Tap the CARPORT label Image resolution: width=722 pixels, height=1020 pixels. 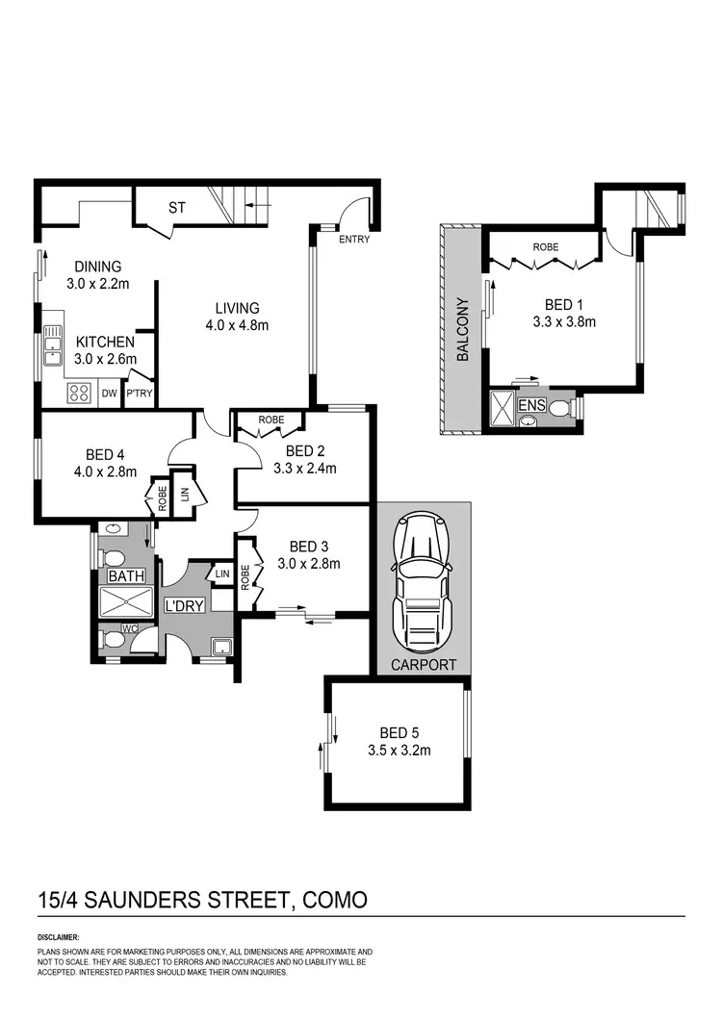pyautogui.click(x=423, y=665)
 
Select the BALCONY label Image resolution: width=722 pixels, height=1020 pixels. pyautogui.click(x=462, y=329)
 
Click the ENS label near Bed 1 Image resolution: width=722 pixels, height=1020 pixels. pyautogui.click(x=531, y=406)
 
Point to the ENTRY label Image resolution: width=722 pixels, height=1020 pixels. pyautogui.click(x=354, y=240)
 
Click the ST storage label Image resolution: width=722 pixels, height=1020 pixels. pyautogui.click(x=177, y=207)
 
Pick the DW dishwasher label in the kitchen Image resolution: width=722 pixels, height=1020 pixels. pyautogui.click(x=109, y=393)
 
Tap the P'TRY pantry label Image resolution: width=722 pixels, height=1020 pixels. pyautogui.click(x=139, y=393)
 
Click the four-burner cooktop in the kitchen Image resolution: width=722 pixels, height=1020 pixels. pyautogui.click(x=78, y=393)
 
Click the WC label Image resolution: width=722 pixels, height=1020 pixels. pyautogui.click(x=130, y=628)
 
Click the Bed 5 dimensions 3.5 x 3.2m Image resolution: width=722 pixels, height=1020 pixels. pyautogui.click(x=399, y=751)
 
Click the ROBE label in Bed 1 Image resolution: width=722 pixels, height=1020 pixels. pyautogui.click(x=546, y=246)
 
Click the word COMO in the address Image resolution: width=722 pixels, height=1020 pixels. pyautogui.click(x=334, y=901)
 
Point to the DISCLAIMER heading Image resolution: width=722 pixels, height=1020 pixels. pyautogui.click(x=59, y=936)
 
